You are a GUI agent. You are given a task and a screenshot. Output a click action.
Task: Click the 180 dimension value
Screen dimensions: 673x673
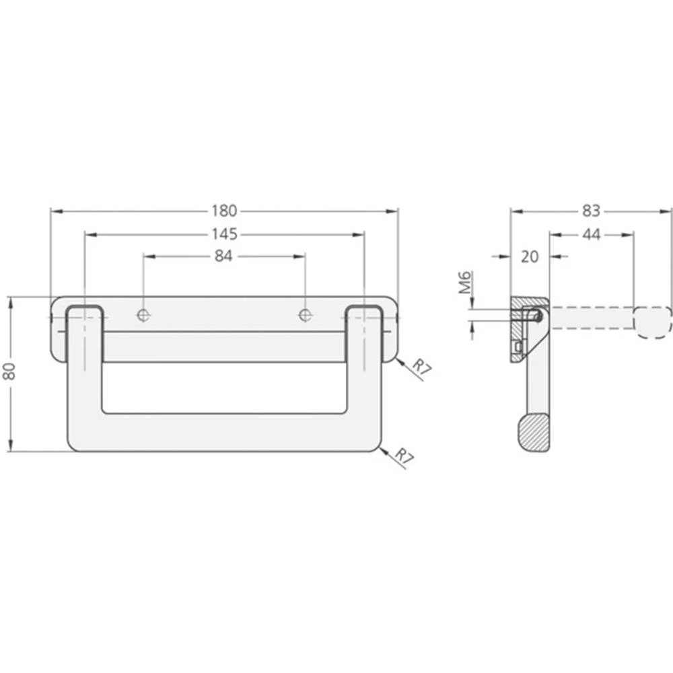tap(224, 211)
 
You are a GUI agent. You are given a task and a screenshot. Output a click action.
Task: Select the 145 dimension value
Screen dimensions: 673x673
tap(224, 234)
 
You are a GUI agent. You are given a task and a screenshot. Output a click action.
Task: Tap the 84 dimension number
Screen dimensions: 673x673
tap(224, 256)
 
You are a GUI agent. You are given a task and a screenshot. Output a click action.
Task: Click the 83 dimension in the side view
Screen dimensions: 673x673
tap(590, 211)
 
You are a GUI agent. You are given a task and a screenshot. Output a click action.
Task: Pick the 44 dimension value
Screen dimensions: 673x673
tap(591, 234)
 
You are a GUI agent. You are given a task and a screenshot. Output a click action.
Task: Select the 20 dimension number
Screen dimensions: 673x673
tap(530, 256)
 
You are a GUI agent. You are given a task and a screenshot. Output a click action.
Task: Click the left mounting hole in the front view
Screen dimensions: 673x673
tap(143, 314)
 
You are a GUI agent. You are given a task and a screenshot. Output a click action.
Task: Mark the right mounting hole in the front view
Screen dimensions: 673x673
tap(305, 314)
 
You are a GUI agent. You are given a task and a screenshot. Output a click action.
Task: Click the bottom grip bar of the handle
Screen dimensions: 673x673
tap(224, 432)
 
